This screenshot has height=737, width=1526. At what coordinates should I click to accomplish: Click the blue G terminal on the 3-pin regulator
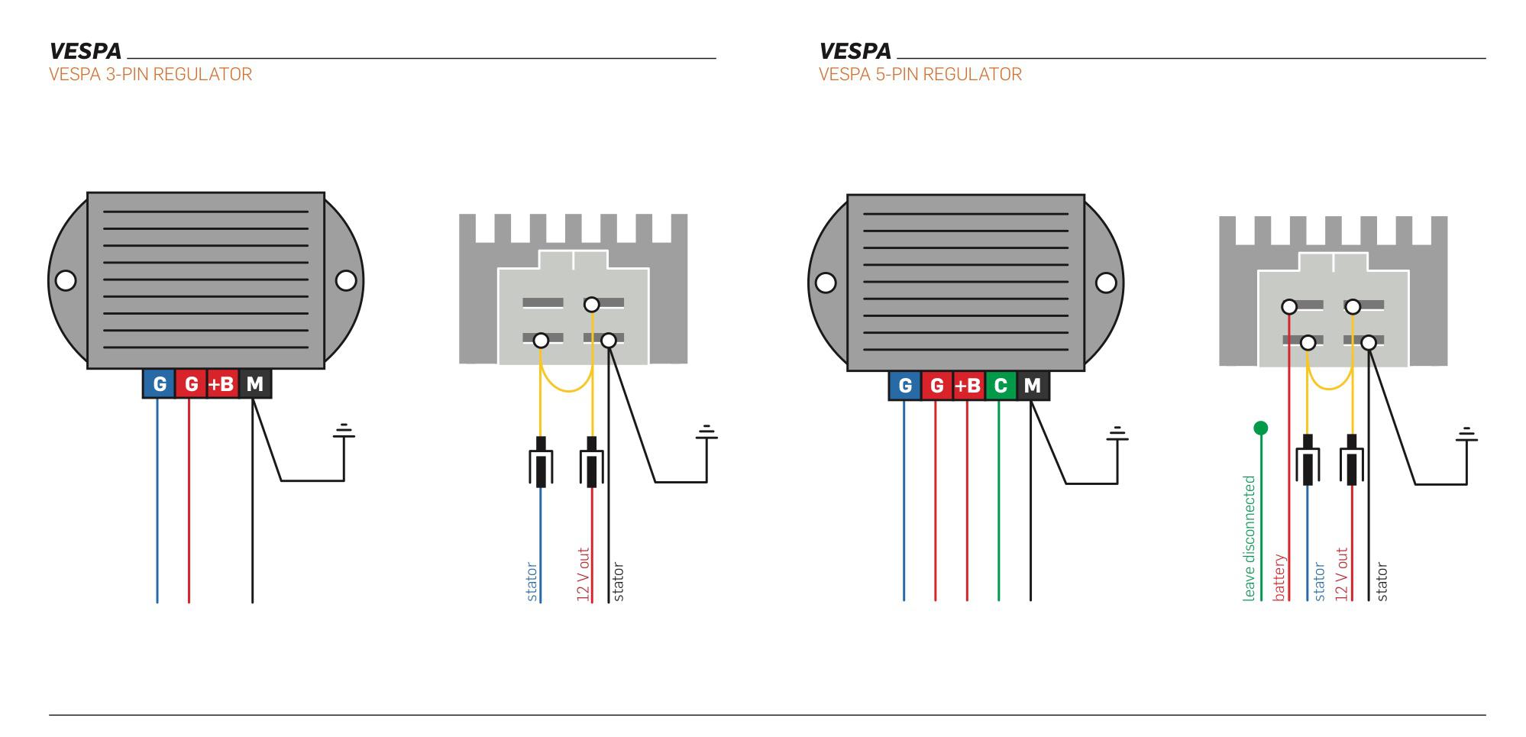pos(159,384)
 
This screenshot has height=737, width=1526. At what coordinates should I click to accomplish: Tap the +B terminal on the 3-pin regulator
pos(221,384)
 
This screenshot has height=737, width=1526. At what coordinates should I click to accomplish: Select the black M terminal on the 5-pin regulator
pos(1032,386)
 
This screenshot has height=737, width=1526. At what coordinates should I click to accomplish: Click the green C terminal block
pos(1000,386)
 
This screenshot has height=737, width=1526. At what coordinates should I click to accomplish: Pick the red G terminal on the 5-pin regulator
pos(936,386)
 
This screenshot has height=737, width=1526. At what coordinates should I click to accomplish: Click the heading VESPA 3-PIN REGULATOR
pos(150,74)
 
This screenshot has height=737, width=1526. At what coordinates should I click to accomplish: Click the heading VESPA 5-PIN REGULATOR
pos(920,74)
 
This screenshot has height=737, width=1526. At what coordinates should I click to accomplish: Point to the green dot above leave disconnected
pos(1260,428)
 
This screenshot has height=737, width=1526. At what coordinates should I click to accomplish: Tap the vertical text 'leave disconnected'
pos(1250,538)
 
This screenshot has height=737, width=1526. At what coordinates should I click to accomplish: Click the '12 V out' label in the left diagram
pos(584,574)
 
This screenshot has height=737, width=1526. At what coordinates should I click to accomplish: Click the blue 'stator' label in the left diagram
pos(532,581)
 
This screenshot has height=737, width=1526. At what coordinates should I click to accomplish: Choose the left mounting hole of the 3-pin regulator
pos(66,280)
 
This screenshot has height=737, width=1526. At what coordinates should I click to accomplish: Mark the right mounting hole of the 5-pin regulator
pos(1105,283)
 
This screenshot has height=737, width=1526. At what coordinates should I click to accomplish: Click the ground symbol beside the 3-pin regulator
pos(344,432)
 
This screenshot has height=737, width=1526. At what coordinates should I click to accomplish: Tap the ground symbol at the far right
pos(1466,435)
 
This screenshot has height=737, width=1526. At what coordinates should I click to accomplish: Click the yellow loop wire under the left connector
pos(567,386)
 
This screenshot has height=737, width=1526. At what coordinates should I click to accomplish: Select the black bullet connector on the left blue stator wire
pos(541,461)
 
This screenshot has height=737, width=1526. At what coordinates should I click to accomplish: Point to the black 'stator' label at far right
pos(1382,581)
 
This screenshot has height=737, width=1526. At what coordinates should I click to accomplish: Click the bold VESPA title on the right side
pos(855,51)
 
